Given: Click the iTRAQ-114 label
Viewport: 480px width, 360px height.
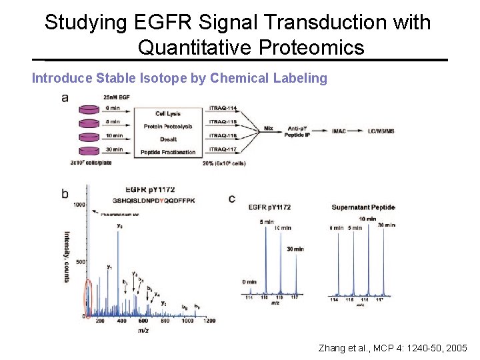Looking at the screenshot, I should pyautogui.click(x=223, y=108).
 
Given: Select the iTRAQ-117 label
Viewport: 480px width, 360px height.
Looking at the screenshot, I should pyautogui.click(x=223, y=149).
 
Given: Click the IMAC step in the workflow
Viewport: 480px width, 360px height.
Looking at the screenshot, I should pyautogui.click(x=339, y=131).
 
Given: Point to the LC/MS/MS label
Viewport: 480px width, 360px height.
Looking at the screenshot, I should pyautogui.click(x=381, y=131).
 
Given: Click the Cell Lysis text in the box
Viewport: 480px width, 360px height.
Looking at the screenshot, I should pyautogui.click(x=168, y=114).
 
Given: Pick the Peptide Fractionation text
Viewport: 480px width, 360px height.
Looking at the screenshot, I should pyautogui.click(x=168, y=152).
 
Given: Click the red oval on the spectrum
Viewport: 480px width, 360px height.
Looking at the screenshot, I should pyautogui.click(x=87, y=299).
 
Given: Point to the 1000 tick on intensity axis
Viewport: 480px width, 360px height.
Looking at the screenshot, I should pyautogui.click(x=80, y=205).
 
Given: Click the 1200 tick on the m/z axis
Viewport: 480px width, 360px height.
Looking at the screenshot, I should pyautogui.click(x=209, y=321).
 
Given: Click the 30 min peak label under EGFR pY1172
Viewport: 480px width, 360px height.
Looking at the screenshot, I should pyautogui.click(x=295, y=249).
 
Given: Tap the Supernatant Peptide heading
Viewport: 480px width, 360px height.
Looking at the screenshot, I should pyautogui.click(x=363, y=207).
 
